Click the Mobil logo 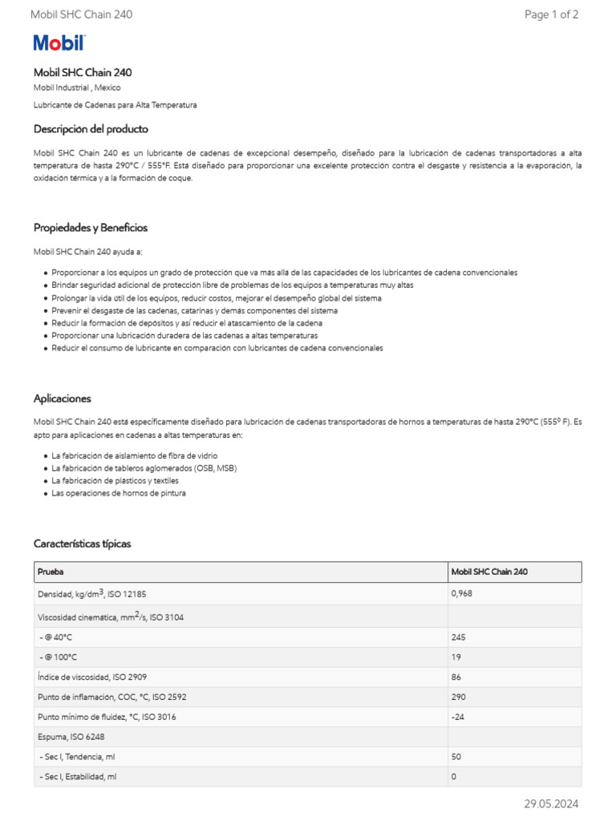(59, 43)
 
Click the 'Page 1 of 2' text (551, 14)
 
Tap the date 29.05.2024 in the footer (551, 804)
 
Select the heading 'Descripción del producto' (91, 129)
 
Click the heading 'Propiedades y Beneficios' (91, 228)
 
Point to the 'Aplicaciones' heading (63, 398)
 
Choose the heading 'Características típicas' (82, 544)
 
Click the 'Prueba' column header (51, 572)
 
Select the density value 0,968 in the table (462, 594)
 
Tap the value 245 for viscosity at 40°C (459, 637)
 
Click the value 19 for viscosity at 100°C (456, 657)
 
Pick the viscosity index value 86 (456, 677)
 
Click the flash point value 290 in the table (459, 698)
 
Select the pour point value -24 (459, 718)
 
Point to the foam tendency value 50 (456, 757)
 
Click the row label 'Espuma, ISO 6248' (71, 737)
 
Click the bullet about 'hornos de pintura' (118, 493)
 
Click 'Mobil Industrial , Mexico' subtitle (77, 87)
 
